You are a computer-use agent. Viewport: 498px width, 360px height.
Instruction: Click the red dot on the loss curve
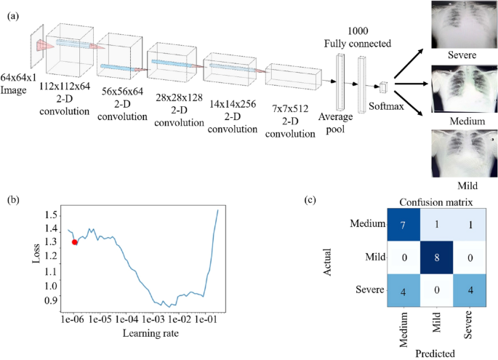click(75, 242)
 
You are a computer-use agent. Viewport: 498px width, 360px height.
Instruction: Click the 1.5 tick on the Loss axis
click(49, 215)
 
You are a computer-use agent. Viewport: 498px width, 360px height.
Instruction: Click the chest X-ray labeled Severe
click(459, 24)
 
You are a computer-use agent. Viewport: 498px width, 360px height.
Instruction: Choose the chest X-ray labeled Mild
click(459, 151)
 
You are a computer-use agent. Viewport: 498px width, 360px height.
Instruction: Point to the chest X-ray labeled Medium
click(459, 88)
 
